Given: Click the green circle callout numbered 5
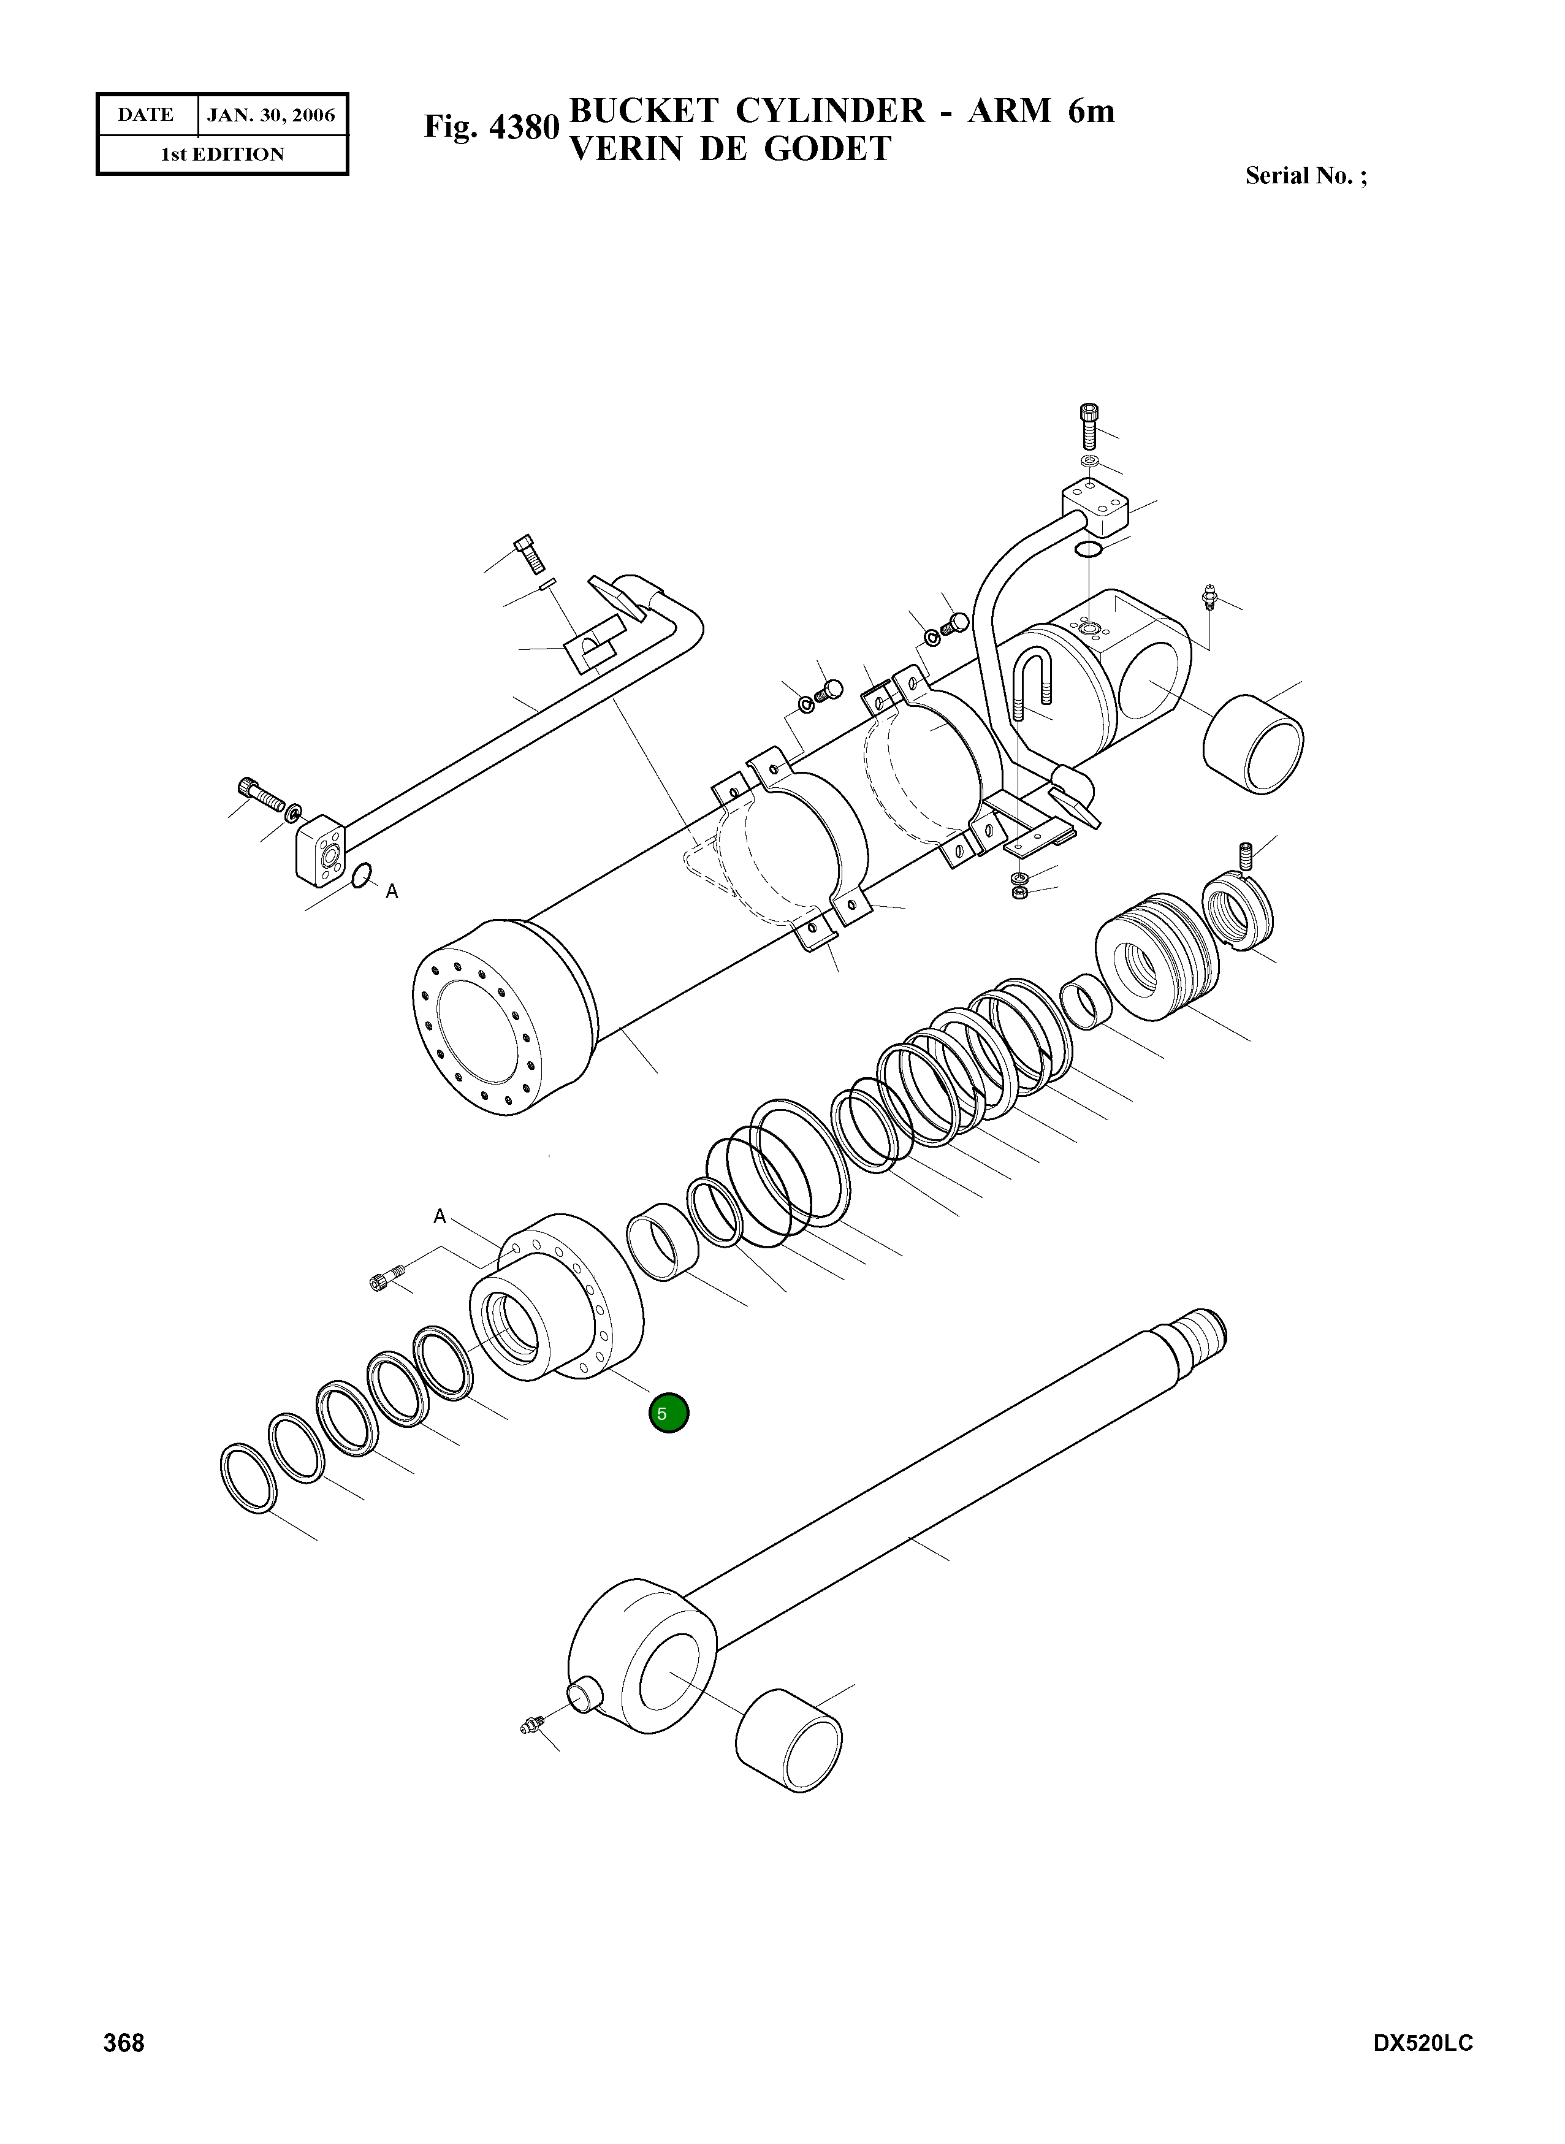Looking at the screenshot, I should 668,1414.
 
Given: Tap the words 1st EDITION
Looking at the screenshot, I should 222,155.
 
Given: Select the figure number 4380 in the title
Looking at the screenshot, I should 524,127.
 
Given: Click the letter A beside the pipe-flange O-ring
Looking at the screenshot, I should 392,891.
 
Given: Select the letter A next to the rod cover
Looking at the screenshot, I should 440,1216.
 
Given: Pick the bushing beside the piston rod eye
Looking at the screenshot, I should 788,1741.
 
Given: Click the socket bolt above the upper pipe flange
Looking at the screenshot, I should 1089,425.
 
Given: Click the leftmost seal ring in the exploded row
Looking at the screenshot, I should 248,1478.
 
